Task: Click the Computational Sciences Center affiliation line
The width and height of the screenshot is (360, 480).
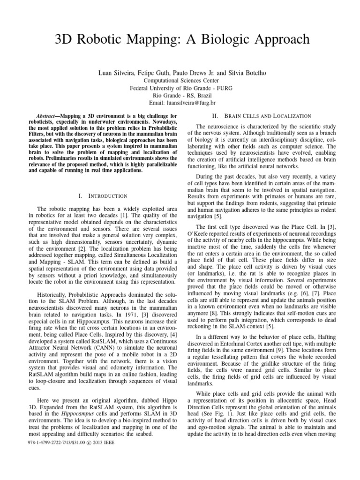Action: tap(180, 81)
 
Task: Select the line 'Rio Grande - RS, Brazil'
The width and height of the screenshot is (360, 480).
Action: tap(180, 95)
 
